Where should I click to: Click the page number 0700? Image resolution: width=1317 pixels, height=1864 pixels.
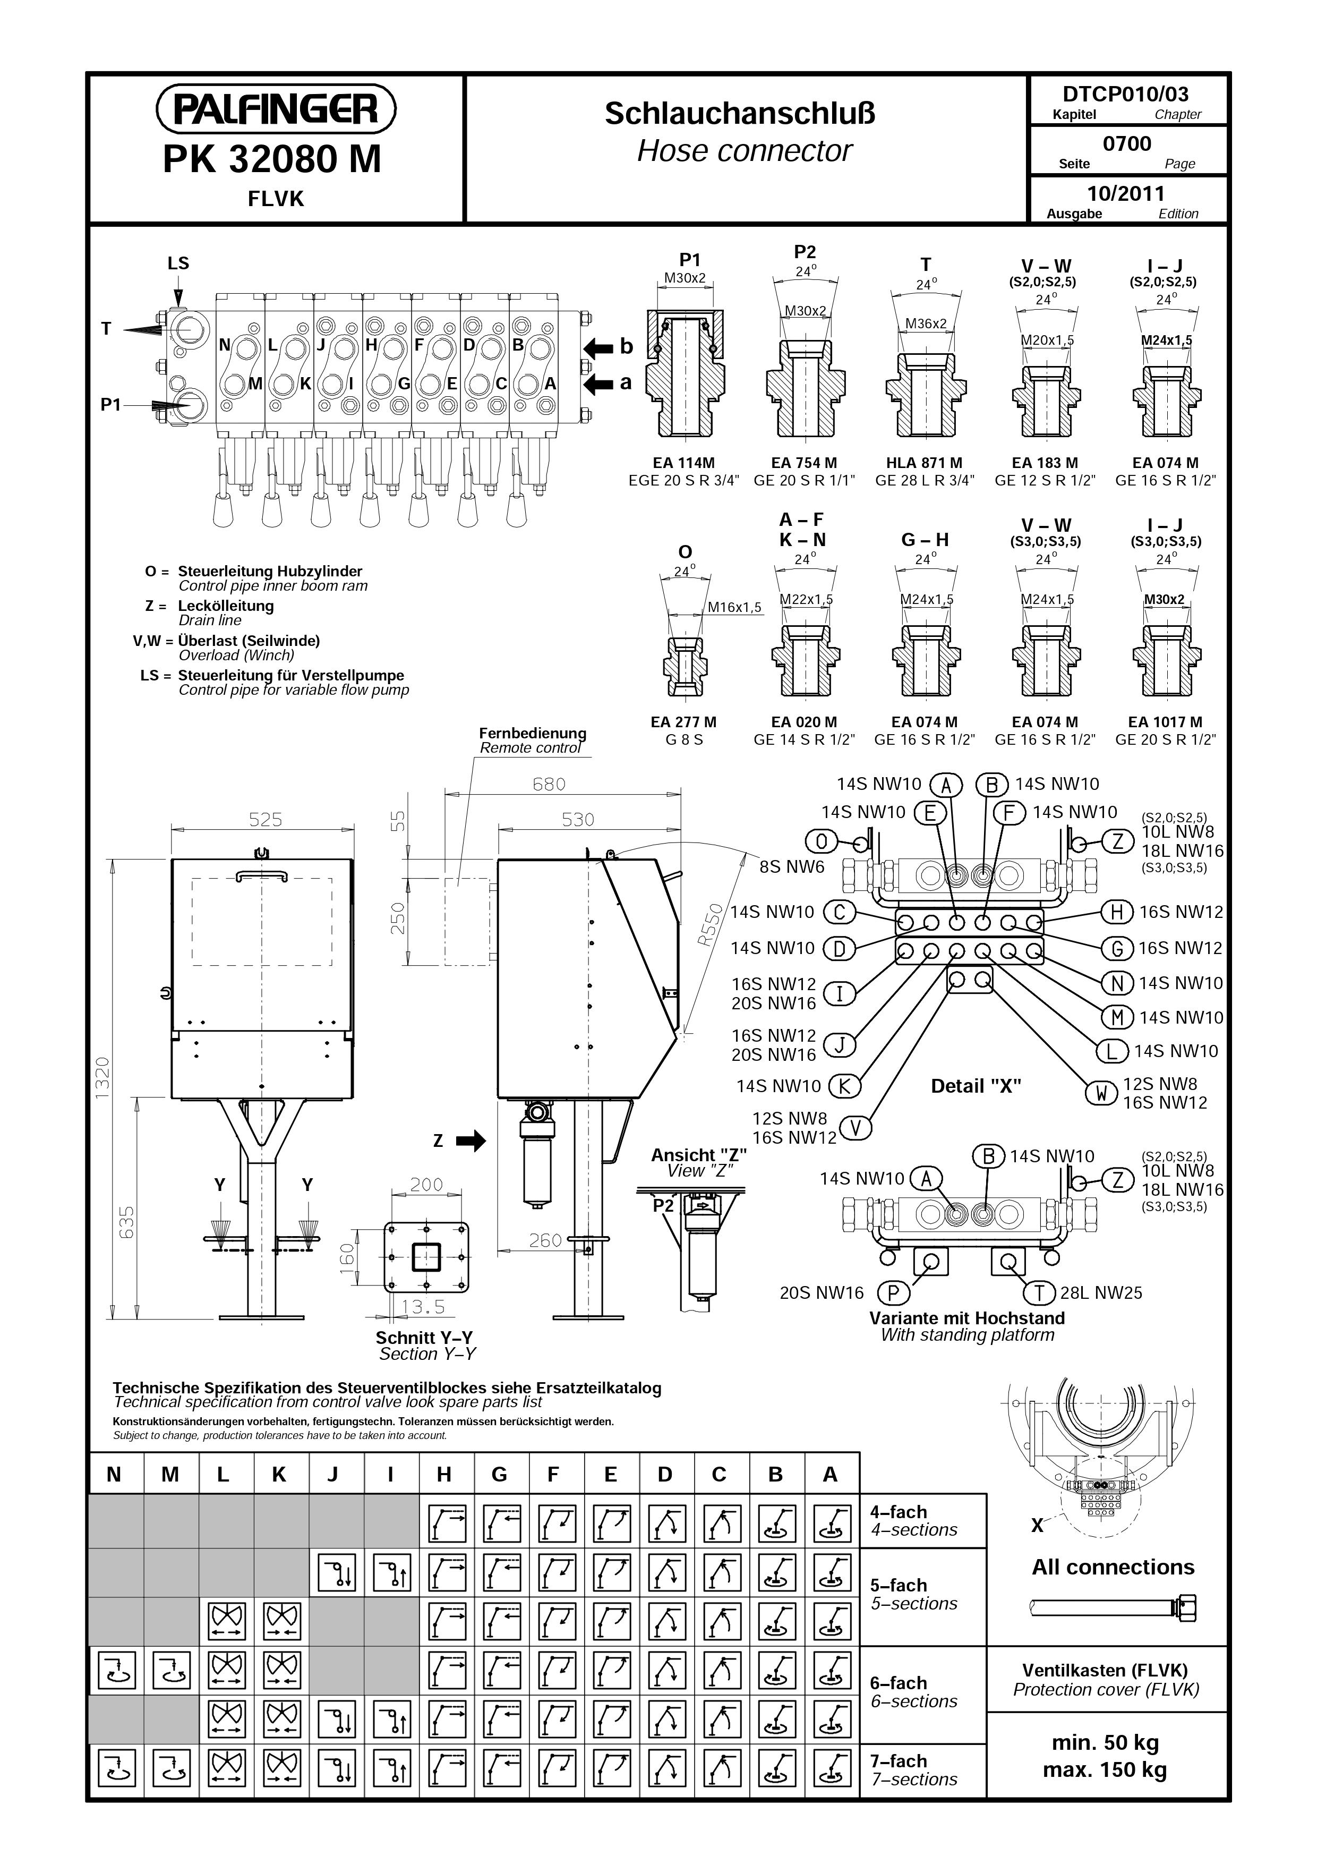point(1127,144)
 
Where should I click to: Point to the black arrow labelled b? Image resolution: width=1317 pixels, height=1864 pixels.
point(599,347)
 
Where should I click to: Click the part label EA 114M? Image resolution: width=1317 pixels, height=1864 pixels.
point(684,463)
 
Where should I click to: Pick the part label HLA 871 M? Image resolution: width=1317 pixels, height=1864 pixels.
point(924,463)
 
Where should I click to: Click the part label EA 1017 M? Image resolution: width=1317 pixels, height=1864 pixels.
point(1165,722)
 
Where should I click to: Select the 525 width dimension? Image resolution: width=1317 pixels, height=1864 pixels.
point(266,820)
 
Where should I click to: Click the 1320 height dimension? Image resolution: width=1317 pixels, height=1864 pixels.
point(102,1078)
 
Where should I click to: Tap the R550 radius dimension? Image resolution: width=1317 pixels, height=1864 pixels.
point(711,925)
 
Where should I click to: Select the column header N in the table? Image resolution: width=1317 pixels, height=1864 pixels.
point(114,1474)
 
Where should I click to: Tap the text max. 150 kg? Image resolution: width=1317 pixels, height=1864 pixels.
point(1105,1770)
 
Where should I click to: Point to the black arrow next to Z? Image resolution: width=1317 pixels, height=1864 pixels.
point(471,1140)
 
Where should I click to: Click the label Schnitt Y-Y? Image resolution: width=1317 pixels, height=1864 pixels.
point(424,1337)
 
